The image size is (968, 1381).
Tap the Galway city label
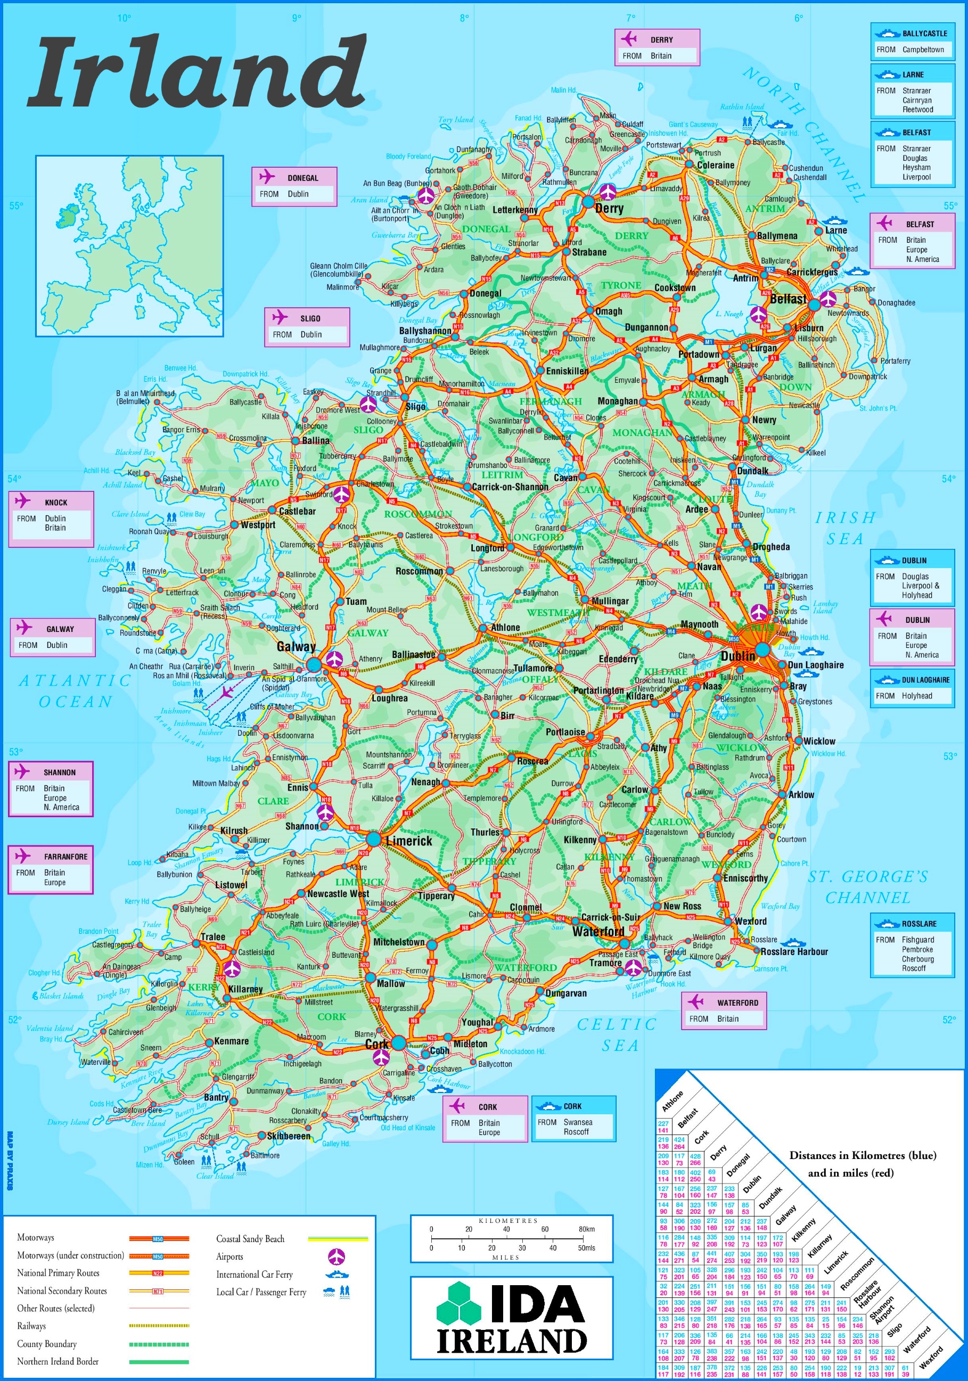[x=296, y=647]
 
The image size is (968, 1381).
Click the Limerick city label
[x=409, y=841]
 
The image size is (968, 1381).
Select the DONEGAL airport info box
[x=293, y=186]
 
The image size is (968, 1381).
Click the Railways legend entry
[x=31, y=1326]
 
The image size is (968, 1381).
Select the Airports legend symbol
[x=337, y=1256]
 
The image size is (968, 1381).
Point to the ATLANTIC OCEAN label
[x=75, y=691]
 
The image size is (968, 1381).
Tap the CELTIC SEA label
[x=617, y=1034]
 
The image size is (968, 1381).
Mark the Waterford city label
[x=598, y=932]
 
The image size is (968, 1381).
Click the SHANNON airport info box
[x=51, y=789]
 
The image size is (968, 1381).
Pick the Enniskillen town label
[x=567, y=371]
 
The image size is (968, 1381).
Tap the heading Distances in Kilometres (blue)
[x=863, y=1155]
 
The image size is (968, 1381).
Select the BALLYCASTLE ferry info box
[x=912, y=42]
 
